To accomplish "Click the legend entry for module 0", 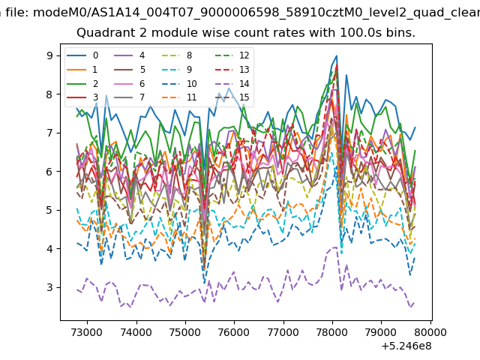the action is click(82, 55).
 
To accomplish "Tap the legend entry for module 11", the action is click(179, 97).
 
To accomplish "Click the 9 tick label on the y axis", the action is click(49, 55).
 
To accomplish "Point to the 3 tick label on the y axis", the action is click(49, 287).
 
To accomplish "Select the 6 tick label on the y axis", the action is click(49, 172).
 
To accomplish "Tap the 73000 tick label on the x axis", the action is click(87, 332).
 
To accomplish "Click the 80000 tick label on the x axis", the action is click(430, 332).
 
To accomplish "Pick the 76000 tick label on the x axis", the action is click(235, 332).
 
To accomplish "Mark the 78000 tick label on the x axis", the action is click(332, 332).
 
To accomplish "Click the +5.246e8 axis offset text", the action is click(406, 346).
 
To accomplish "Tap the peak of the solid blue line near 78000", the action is click(337, 55).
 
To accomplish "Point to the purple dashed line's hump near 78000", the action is click(333, 247).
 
